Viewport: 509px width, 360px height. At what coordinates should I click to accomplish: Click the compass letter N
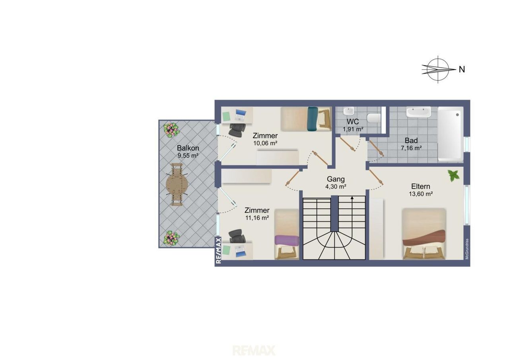[462, 69]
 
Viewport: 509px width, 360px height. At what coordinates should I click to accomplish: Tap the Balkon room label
[188, 148]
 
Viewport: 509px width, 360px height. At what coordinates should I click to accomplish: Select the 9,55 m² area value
[188, 156]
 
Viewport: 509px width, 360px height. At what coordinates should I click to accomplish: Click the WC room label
[353, 122]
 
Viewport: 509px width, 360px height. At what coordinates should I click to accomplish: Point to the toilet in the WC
[374, 118]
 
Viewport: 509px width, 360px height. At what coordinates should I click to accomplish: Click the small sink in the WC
[348, 111]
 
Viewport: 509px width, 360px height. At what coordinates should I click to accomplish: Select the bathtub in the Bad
[451, 134]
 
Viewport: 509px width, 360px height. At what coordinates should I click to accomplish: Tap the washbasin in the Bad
[419, 112]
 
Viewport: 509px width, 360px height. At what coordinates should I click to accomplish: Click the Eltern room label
[421, 186]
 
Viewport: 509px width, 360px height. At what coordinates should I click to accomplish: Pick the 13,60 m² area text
[421, 194]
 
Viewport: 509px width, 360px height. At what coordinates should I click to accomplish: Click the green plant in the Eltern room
[454, 176]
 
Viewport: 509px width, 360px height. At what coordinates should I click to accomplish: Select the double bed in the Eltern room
[424, 234]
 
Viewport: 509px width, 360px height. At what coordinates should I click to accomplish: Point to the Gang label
[336, 179]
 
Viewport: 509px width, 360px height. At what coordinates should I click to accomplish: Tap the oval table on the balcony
[177, 185]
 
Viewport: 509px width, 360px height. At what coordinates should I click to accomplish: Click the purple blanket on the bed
[287, 240]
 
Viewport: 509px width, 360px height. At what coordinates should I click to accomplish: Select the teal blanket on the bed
[313, 119]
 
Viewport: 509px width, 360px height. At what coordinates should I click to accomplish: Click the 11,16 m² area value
[257, 218]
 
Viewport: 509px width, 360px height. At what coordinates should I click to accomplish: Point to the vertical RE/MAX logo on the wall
[218, 251]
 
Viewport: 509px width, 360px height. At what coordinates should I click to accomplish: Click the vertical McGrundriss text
[467, 249]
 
